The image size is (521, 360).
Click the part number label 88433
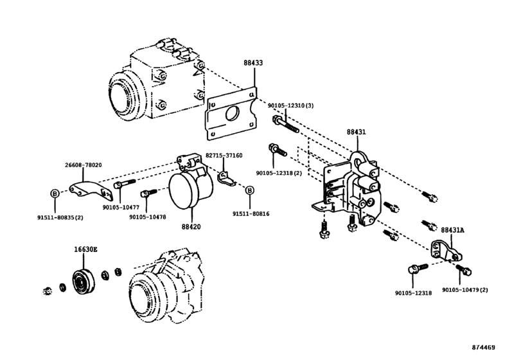pos(253,64)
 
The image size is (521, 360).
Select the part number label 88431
pos(357,131)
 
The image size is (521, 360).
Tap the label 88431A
pos(454,230)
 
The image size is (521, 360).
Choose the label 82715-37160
pos(224,156)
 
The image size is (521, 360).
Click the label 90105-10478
pos(147,217)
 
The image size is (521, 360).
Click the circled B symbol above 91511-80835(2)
pos(55,193)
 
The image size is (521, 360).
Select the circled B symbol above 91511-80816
pos(249,189)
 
